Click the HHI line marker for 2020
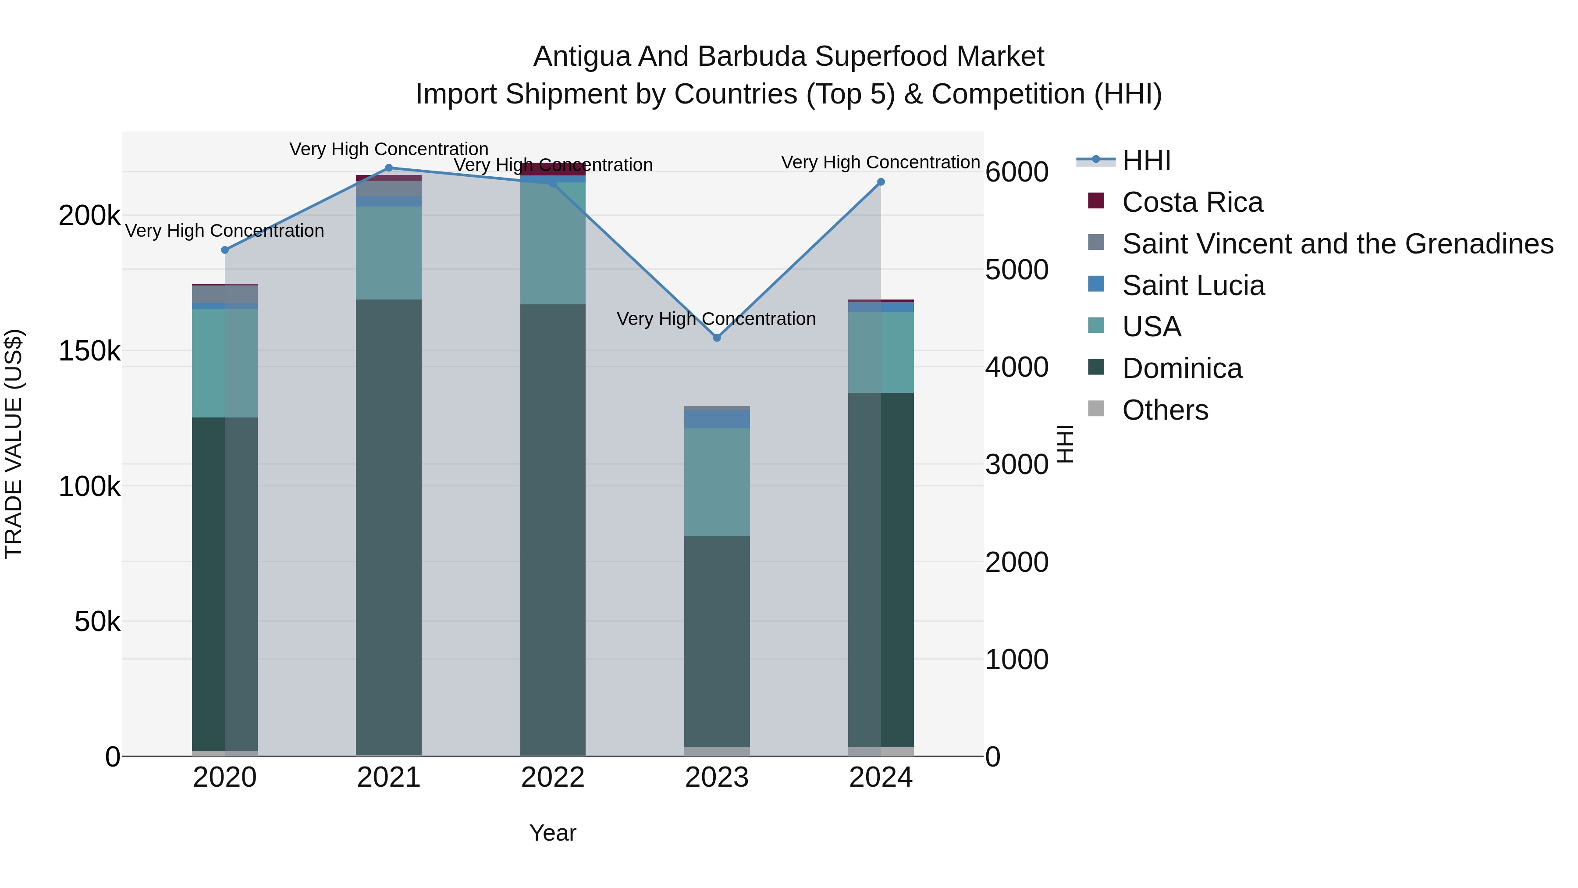coord(225,250)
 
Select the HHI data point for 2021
coord(389,168)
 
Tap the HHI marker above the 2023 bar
coord(717,338)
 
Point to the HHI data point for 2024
coord(881,182)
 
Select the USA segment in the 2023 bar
coord(717,482)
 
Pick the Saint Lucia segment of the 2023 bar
coord(717,419)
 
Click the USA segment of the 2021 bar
coord(389,253)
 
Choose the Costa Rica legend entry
coord(1192,202)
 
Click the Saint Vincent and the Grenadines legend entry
coord(1337,244)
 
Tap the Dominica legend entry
coord(1182,368)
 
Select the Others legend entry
coord(1165,410)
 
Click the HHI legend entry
coord(1146,160)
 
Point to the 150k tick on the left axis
coord(89,352)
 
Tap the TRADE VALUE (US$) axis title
coord(14,444)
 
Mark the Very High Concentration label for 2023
coord(716,319)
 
